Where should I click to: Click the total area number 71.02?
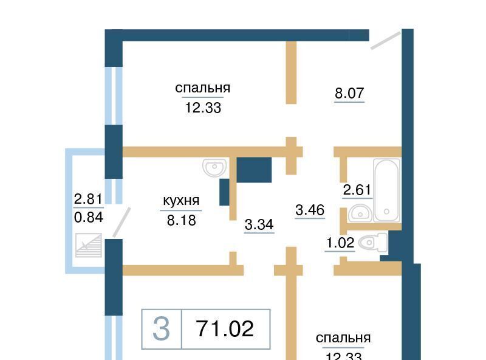click(225, 328)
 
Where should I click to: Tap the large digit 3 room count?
click(161, 328)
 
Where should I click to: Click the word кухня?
click(181, 201)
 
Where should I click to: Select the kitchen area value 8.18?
click(181, 220)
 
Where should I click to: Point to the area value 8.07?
click(349, 93)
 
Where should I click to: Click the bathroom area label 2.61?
click(357, 190)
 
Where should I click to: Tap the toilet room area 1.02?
click(340, 243)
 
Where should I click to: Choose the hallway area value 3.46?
click(310, 210)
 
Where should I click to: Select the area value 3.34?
click(259, 224)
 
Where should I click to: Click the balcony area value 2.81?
click(88, 199)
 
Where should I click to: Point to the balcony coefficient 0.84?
click(89, 217)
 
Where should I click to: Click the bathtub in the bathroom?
click(386, 190)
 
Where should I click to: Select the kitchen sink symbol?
click(214, 168)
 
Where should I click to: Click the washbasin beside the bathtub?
click(360, 213)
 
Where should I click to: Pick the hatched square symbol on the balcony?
click(89, 245)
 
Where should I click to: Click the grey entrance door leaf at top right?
click(386, 40)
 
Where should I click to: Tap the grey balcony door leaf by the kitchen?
click(122, 223)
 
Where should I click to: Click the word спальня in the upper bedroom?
click(203, 88)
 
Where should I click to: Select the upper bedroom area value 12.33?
click(203, 108)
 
